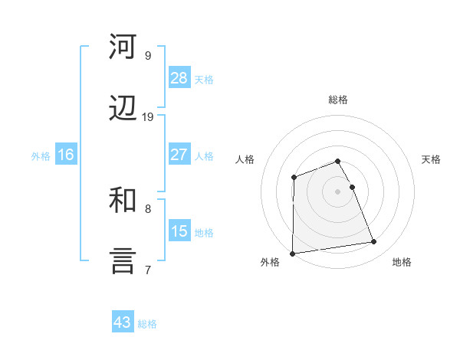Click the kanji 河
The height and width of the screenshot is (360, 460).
point(123,47)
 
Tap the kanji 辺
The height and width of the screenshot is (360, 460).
point(123,109)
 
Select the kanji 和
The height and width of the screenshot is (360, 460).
point(123,200)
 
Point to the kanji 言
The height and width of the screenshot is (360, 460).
point(123,261)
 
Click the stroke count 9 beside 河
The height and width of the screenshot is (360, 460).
point(147,55)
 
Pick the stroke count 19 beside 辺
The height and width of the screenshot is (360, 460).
point(148,116)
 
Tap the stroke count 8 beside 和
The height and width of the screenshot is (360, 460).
point(148,208)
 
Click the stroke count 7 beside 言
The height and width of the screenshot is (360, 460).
point(148,269)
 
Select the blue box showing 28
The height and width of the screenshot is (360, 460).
point(179,78)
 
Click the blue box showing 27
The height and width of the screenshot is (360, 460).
point(179,155)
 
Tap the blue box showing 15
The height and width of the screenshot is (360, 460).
point(179,231)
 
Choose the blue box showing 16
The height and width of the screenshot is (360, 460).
point(65,155)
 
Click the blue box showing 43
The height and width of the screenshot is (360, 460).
point(123,322)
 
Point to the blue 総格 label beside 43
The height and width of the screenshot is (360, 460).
point(148,324)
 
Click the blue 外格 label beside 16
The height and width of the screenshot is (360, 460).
point(41,156)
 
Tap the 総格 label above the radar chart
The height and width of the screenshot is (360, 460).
point(338,100)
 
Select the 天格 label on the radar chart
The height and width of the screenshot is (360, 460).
point(432,159)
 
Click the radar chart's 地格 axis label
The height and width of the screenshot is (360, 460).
point(402,262)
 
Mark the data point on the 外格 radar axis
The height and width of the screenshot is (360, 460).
point(293,254)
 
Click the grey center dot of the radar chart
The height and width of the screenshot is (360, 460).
point(338,191)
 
